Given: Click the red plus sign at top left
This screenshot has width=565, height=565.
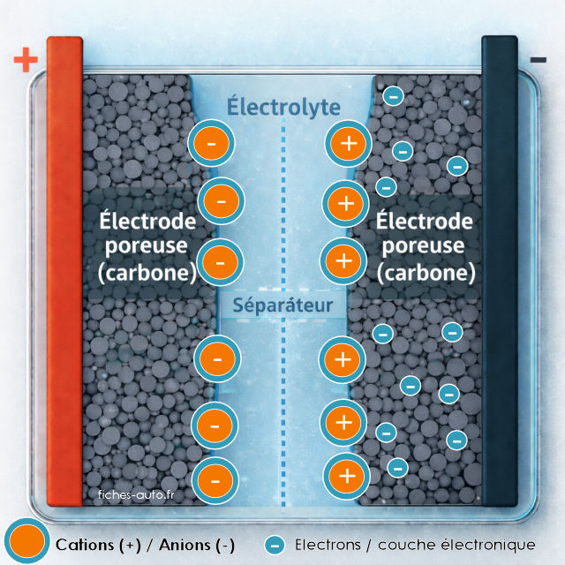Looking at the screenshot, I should click(26, 60).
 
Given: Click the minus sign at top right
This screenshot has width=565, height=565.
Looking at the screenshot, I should click(538, 60).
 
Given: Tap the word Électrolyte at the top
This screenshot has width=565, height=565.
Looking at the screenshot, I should click(283, 107).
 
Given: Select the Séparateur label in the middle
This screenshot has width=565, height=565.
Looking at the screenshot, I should click(282, 305).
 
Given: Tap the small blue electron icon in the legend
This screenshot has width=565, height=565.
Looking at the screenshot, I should click(275, 544).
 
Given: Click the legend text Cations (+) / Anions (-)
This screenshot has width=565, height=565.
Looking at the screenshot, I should click(145, 544).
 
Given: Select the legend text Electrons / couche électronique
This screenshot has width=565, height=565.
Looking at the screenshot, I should click(415, 544).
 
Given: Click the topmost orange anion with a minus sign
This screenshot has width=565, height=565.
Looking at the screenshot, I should click(212, 143).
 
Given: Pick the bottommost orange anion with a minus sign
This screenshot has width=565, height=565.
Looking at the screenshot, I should click(215, 481).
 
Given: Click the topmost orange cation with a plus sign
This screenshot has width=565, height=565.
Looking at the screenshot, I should click(347, 144).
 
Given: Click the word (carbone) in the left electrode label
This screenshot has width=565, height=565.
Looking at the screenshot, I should click(147, 272).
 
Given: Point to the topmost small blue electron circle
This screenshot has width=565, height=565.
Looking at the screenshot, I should click(394, 94).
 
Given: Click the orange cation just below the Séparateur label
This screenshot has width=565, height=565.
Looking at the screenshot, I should click(345, 359).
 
